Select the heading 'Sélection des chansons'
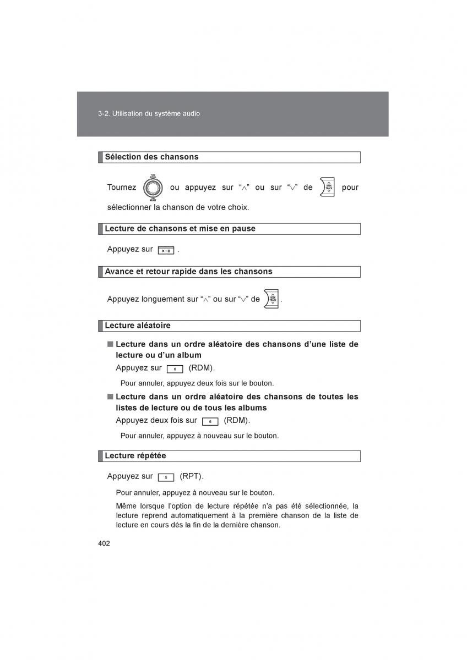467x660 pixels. point(151,157)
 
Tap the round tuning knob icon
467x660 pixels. point(153,188)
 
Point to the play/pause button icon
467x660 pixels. point(166,250)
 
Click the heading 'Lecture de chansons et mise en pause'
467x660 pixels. point(180,228)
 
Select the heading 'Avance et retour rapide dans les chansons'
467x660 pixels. point(188,271)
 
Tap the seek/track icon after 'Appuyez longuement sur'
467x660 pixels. point(271,299)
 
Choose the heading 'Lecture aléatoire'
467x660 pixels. point(138,325)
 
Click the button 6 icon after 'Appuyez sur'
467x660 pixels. point(175,369)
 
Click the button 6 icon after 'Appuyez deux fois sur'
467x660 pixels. point(210,421)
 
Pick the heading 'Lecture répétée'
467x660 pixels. point(135,455)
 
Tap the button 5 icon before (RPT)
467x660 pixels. point(166,477)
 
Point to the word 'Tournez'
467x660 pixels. point(122,188)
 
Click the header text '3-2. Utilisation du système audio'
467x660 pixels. point(149,114)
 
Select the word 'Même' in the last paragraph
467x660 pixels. point(126,506)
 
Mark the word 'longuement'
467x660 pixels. point(165,299)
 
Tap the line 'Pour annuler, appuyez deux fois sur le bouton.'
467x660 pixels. point(197,383)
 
